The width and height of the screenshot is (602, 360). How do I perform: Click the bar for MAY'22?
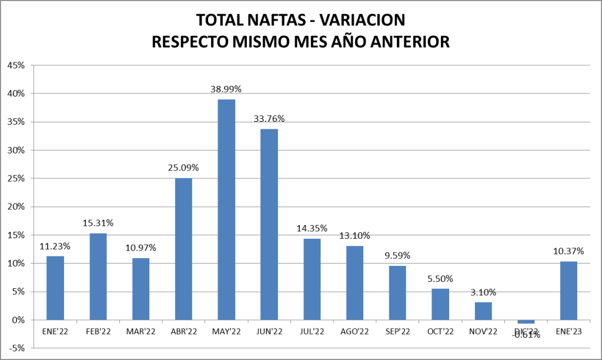[x=226, y=209]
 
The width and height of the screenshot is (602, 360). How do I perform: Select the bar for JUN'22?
[x=269, y=224]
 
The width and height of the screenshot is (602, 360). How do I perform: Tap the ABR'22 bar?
[x=183, y=249]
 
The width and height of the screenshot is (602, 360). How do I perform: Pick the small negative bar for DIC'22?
[x=526, y=321]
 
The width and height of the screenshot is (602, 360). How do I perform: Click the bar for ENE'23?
[x=568, y=291]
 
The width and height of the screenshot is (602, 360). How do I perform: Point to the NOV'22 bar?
[x=483, y=311]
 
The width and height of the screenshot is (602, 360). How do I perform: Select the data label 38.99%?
[x=226, y=89]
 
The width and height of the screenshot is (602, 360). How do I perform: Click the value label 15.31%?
[x=98, y=223]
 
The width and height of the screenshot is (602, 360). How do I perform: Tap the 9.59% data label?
[x=397, y=255]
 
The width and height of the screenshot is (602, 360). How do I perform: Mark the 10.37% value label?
[x=568, y=251]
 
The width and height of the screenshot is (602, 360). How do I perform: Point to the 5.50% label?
[x=440, y=278]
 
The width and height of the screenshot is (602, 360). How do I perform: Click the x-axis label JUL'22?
[x=312, y=332]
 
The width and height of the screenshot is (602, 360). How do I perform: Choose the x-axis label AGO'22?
[x=354, y=332]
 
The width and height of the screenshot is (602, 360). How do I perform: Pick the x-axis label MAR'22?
[x=141, y=332]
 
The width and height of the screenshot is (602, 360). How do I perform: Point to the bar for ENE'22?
[x=55, y=288]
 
